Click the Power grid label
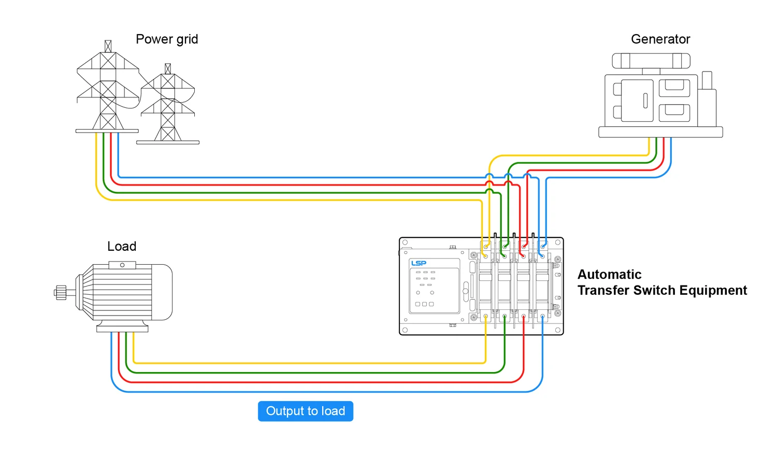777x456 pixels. click(167, 39)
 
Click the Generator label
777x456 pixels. click(660, 39)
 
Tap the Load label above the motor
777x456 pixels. click(122, 247)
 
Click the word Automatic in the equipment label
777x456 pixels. click(610, 275)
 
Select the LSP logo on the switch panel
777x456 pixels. click(419, 263)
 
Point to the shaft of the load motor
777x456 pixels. click(61, 293)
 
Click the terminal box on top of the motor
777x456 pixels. click(122, 265)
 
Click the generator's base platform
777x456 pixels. click(660, 132)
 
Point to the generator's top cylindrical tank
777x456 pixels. click(651, 61)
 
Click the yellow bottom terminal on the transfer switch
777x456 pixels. click(485, 316)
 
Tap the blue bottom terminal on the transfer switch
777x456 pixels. click(542, 316)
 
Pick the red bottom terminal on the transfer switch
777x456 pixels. click(524, 316)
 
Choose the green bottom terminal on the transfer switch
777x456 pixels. click(505, 316)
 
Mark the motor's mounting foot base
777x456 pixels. click(122, 329)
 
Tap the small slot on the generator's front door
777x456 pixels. click(645, 101)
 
